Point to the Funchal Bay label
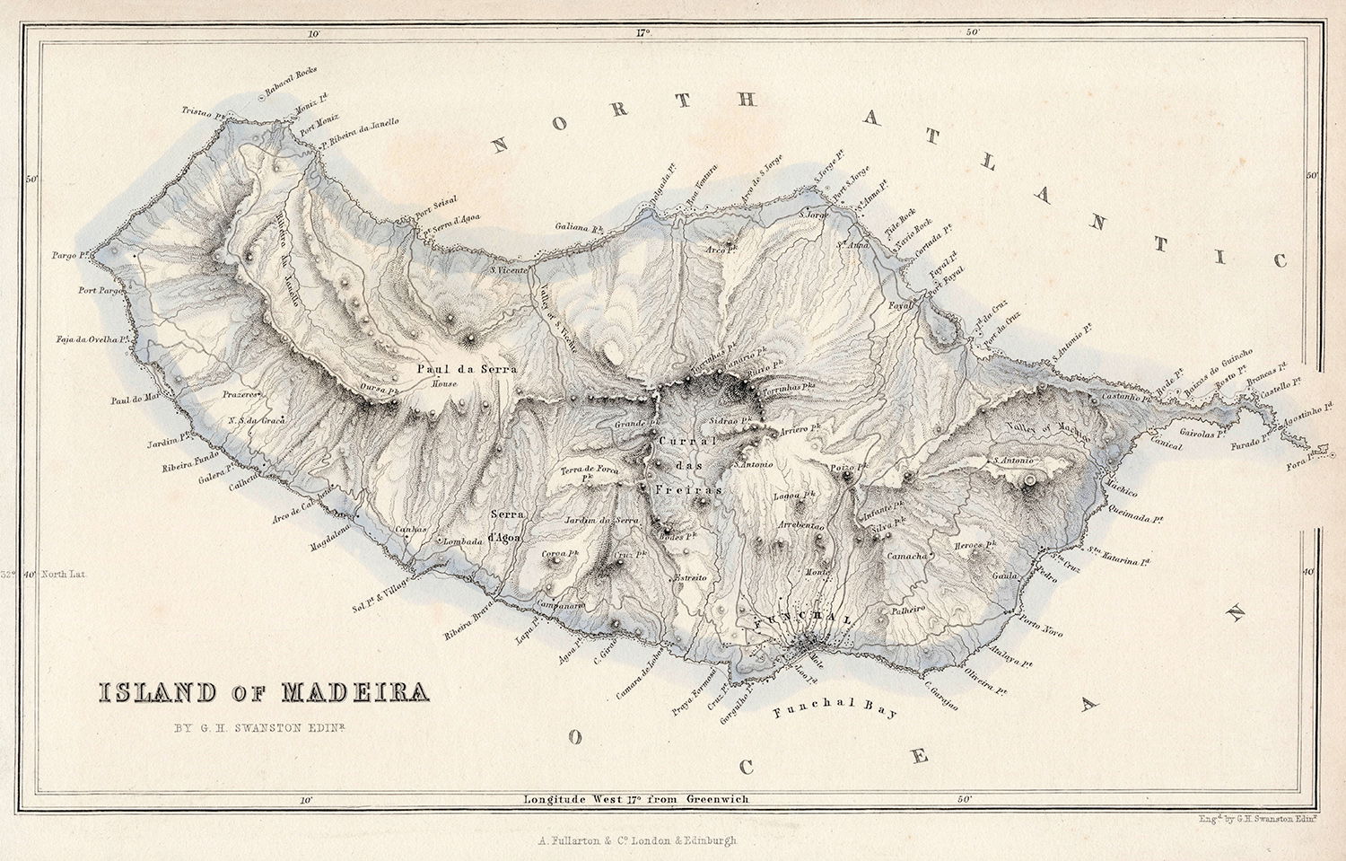[x=834, y=714]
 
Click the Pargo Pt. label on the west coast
[x=68, y=256]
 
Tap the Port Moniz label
[x=319, y=129]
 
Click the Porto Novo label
[x=1042, y=628]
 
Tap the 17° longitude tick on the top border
[x=642, y=34]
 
